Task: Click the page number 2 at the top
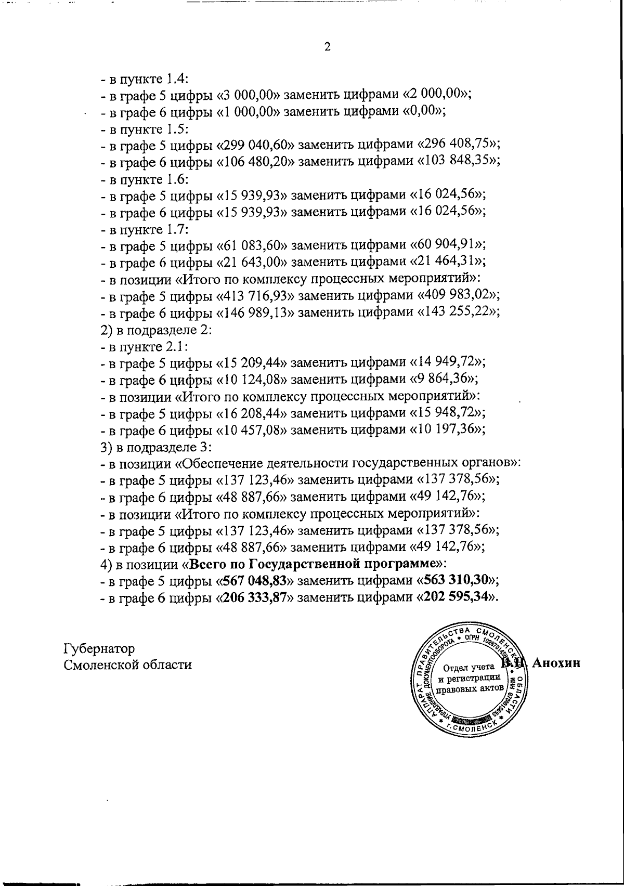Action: (327, 47)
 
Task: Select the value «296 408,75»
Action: (457, 144)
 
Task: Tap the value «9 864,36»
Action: (443, 379)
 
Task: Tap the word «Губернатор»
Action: (99, 649)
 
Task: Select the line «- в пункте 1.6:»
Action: (145, 178)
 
